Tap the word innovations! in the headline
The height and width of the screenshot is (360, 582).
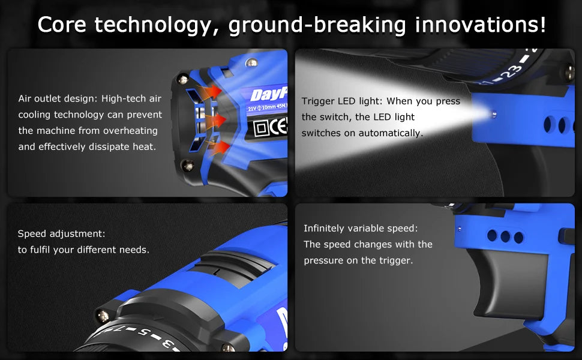click(x=480, y=25)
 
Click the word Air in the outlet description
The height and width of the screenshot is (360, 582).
click(x=26, y=98)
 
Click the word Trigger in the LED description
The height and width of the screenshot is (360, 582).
click(x=318, y=101)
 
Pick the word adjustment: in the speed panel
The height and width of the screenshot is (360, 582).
click(x=77, y=233)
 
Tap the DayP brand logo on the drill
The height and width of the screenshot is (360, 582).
click(x=268, y=94)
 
